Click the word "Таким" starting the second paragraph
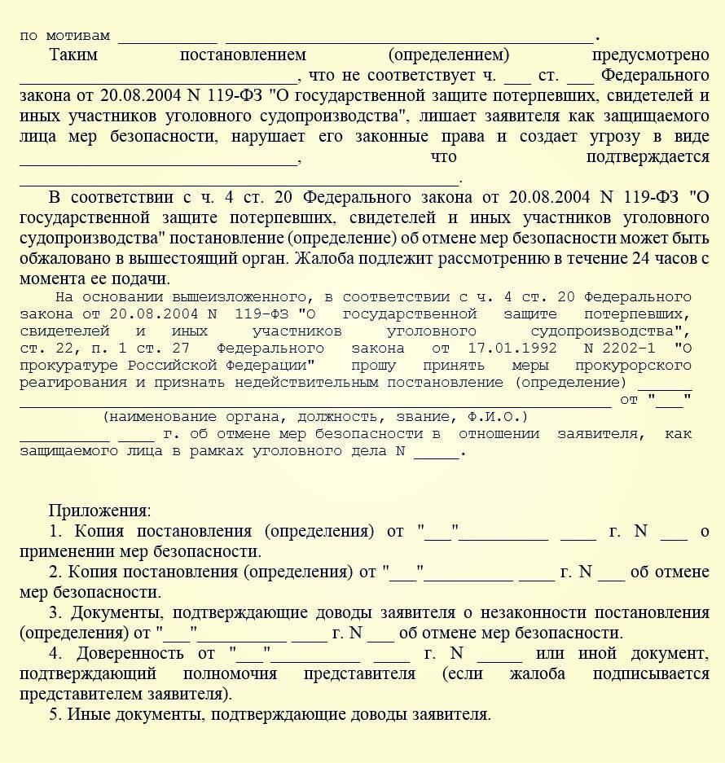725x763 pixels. coord(73,55)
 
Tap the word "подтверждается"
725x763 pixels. coord(648,157)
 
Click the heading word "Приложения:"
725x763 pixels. coord(99,511)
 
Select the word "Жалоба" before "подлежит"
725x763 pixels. coord(326,259)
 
